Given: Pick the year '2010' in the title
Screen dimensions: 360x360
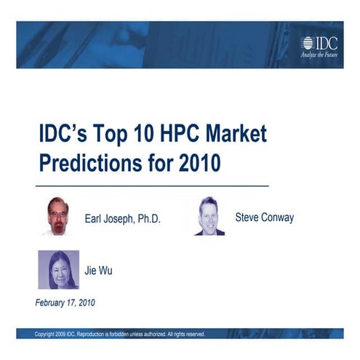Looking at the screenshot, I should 199,163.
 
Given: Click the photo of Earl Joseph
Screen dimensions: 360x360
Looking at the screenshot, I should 59,217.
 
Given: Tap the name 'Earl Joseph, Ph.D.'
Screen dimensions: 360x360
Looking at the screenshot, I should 122,218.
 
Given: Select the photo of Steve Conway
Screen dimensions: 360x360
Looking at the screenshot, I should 209,216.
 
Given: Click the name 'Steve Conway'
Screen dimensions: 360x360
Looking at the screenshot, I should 265,217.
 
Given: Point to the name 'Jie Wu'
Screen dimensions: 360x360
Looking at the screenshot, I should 98,271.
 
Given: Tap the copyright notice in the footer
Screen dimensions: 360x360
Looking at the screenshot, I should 120,335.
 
